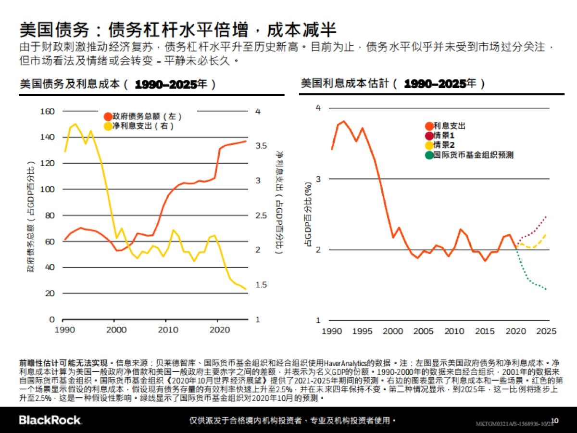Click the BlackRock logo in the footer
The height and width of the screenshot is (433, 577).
click(x=50, y=420)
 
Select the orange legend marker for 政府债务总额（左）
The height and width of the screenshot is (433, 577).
click(x=108, y=116)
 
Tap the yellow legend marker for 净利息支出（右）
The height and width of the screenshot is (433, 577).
click(x=108, y=126)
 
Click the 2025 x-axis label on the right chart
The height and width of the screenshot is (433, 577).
click(x=547, y=331)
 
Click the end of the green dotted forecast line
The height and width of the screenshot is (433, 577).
click(x=546, y=289)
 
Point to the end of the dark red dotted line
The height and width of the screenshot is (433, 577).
click(x=546, y=216)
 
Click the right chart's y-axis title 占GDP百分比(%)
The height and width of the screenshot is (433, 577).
click(x=306, y=214)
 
